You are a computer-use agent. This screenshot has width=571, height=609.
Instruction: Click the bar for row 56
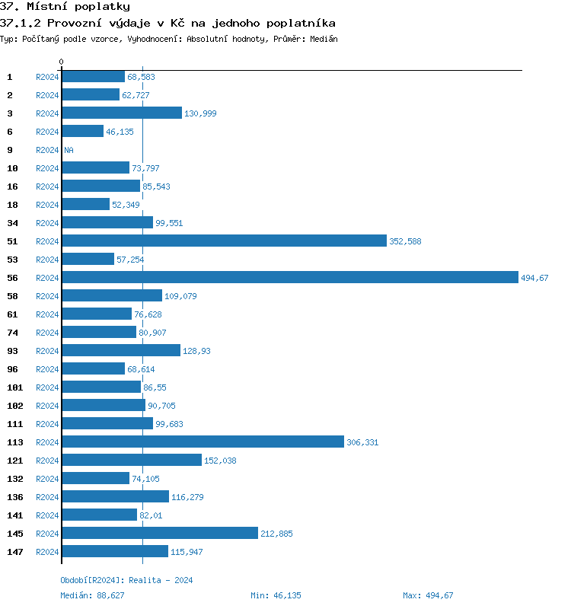tap(289, 278)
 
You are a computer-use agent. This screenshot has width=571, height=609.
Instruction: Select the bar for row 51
tap(224, 241)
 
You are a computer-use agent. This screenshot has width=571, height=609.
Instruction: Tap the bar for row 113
tap(203, 442)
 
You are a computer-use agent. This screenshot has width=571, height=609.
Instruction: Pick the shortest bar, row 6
tap(82, 132)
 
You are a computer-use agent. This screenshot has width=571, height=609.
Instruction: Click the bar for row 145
tap(160, 534)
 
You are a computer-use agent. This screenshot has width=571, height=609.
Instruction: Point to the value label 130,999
tap(201, 113)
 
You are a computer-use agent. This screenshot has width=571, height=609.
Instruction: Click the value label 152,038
tap(221, 461)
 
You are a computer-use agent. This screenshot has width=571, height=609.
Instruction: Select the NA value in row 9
tap(69, 150)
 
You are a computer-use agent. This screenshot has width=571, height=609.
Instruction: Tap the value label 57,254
tap(130, 260)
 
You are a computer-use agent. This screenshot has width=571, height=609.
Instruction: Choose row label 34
tap(12, 223)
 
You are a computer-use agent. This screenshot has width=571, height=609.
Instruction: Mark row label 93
tap(12, 351)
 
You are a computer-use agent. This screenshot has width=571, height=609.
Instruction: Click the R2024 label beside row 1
tap(47, 77)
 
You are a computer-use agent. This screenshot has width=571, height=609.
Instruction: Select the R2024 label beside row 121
tap(47, 461)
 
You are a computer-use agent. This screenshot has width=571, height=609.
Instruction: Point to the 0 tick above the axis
tap(62, 62)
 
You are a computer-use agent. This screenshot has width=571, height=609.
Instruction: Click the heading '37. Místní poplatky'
tap(65, 7)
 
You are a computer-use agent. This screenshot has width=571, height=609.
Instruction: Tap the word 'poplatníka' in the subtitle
tap(304, 24)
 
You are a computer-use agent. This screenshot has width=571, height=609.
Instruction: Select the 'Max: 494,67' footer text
tap(428, 595)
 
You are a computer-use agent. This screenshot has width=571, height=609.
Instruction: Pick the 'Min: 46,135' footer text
tap(276, 595)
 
